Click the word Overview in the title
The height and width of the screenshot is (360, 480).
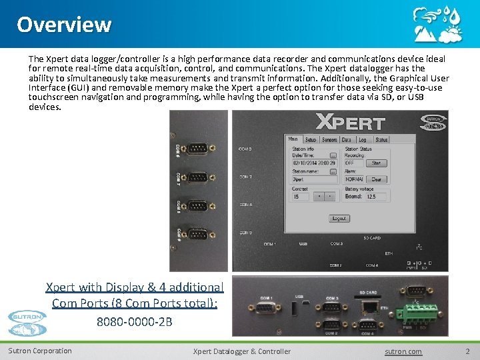(64, 25)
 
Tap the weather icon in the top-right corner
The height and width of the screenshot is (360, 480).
(437, 24)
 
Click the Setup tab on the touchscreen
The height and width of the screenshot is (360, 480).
(311, 140)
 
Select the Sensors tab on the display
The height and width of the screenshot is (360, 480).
(329, 140)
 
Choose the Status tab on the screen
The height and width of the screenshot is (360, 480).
(381, 140)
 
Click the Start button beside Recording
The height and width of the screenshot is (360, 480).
(377, 163)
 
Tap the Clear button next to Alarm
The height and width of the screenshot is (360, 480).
(377, 179)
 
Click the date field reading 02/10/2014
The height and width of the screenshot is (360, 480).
(309, 163)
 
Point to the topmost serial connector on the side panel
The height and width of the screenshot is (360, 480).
(197, 150)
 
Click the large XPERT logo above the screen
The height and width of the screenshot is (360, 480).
(350, 123)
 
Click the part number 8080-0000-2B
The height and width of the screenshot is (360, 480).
(134, 321)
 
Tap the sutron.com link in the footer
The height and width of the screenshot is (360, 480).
(403, 351)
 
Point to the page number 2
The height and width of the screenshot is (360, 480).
(467, 351)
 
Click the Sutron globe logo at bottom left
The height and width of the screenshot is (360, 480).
(27, 323)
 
